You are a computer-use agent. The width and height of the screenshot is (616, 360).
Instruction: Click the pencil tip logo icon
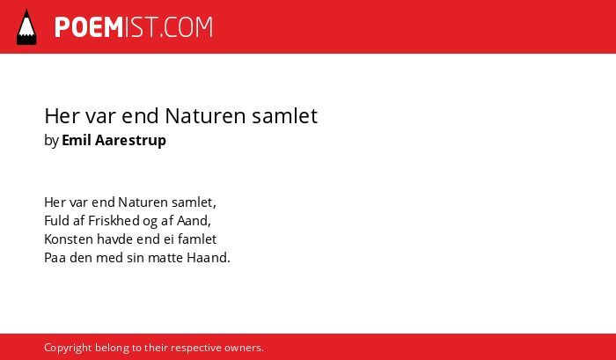(26, 27)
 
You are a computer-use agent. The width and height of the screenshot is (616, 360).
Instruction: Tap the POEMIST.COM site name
(134, 27)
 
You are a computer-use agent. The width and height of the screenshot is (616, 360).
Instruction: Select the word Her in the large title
(62, 116)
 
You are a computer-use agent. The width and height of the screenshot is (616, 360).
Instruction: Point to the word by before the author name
(51, 141)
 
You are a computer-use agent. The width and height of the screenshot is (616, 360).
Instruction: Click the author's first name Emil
(76, 140)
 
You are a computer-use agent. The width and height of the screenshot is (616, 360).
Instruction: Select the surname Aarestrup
(130, 141)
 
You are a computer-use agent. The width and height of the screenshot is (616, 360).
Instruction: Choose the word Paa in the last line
(55, 258)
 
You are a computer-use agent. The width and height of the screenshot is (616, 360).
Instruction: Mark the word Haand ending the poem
(209, 258)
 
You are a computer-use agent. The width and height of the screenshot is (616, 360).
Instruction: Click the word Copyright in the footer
(68, 349)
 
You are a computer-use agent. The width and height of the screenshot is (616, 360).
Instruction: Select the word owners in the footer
(244, 349)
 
